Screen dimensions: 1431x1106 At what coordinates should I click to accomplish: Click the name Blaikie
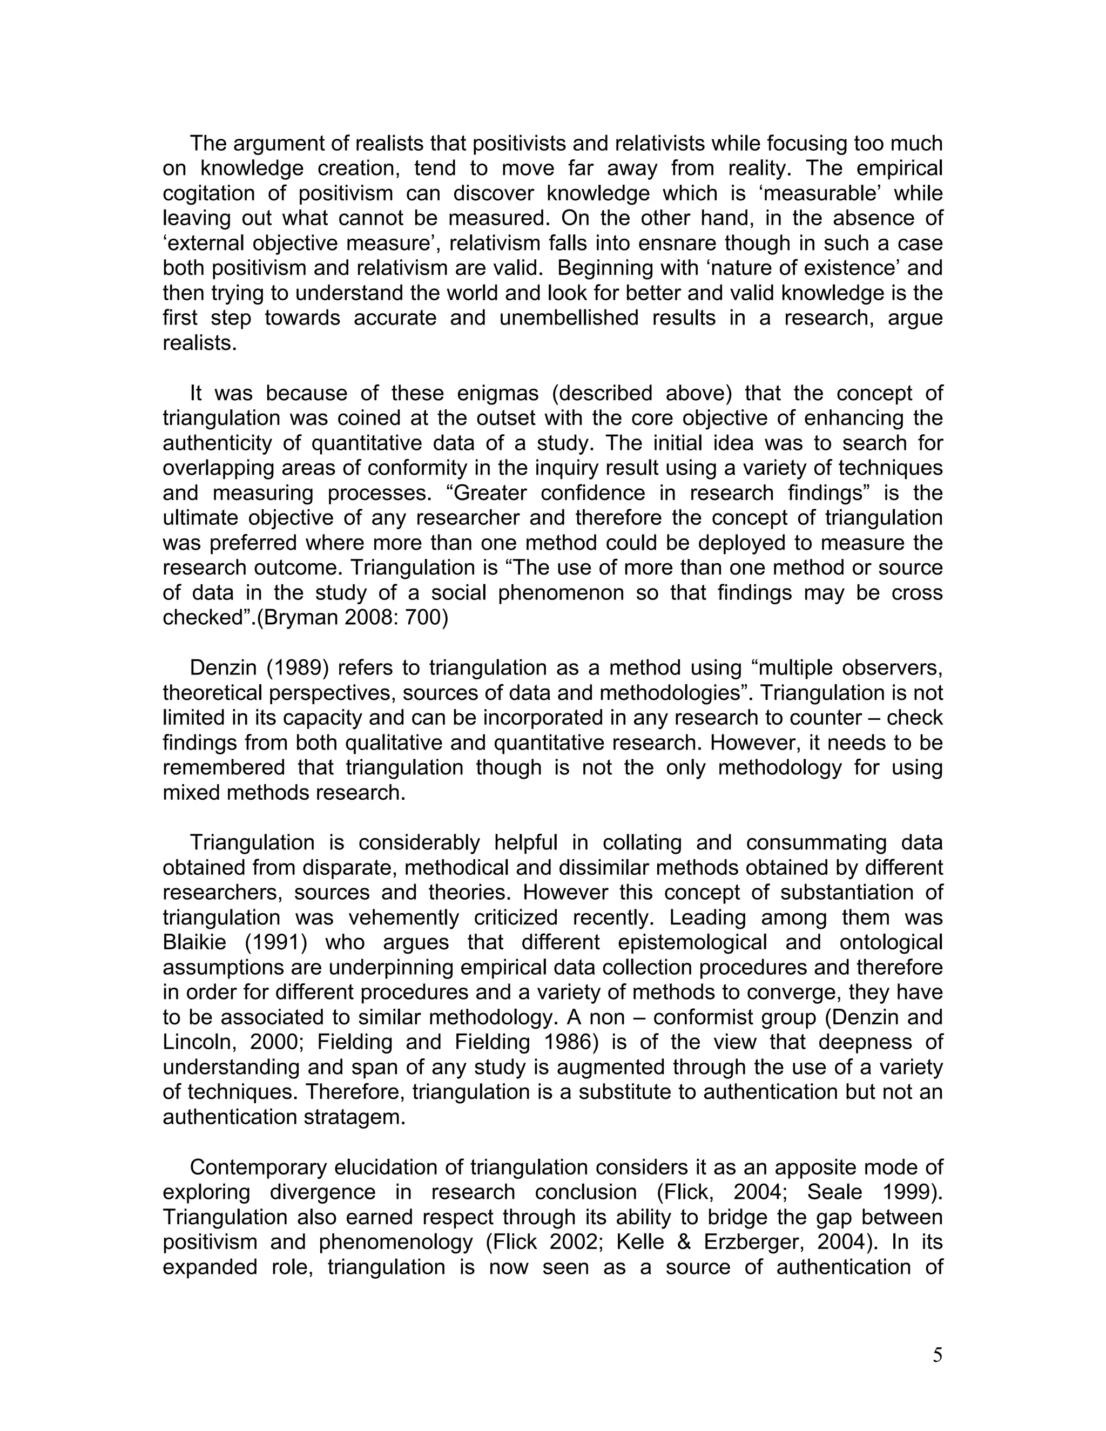194,943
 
